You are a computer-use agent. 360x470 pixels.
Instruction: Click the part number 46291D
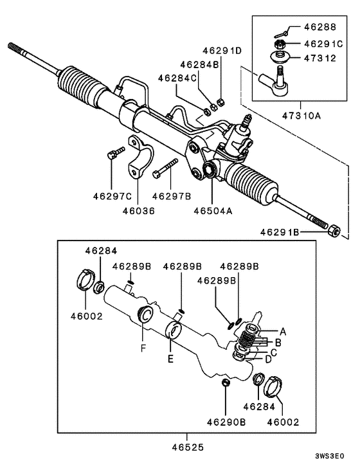pyautogui.click(x=221, y=50)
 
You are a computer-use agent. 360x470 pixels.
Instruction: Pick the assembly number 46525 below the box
pyautogui.click(x=188, y=444)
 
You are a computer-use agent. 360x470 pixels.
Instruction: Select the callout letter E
pyautogui.click(x=170, y=359)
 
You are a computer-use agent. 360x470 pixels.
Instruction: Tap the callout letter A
pyautogui.click(x=281, y=331)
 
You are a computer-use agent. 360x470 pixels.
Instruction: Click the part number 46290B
pyautogui.click(x=226, y=422)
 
